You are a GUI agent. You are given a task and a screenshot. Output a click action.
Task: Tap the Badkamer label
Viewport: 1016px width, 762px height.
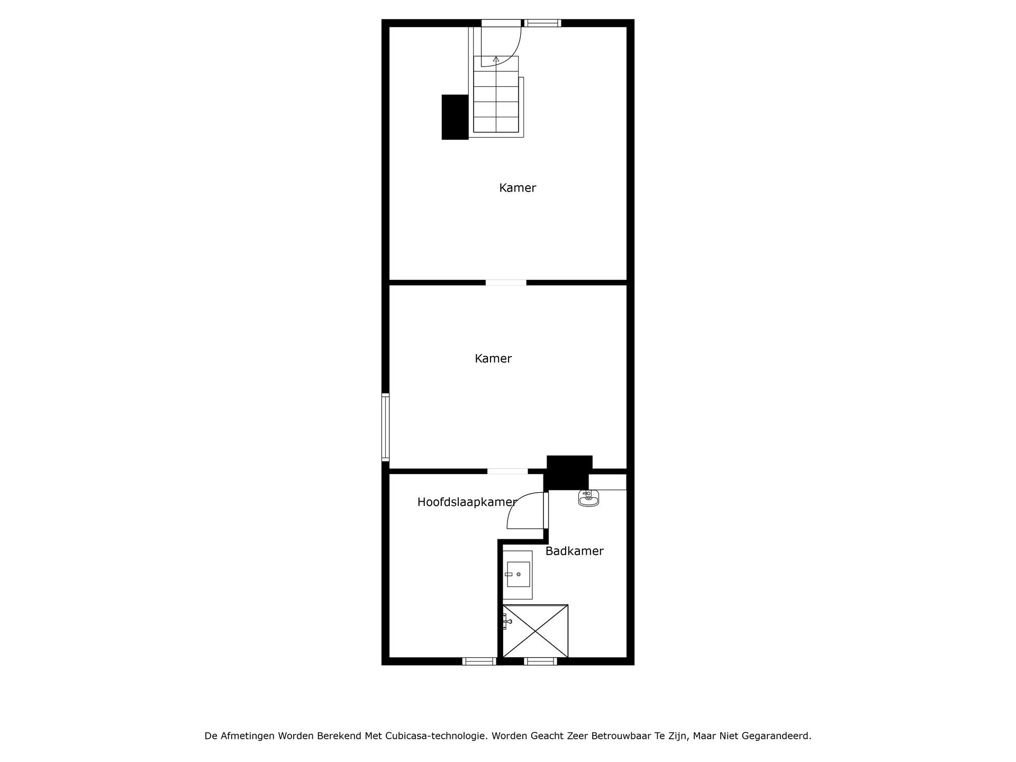574,551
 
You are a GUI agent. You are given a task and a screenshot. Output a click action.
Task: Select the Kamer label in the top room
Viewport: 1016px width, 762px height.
518,188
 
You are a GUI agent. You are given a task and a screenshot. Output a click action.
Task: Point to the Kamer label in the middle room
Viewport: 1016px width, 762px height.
493,359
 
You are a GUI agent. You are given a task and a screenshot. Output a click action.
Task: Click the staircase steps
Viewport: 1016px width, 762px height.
496,101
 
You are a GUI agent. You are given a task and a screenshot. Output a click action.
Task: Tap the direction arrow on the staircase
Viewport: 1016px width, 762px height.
496,60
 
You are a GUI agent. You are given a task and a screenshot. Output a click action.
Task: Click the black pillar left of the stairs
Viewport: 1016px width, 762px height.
455,117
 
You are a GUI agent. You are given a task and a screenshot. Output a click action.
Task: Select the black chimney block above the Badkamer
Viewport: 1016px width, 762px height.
569,472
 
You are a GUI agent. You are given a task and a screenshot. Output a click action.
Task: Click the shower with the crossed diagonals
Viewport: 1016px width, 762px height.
535,631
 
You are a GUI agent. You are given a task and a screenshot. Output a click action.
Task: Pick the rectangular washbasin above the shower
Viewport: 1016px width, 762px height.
518,575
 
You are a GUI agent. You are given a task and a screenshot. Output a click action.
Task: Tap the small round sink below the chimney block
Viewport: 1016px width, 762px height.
588,498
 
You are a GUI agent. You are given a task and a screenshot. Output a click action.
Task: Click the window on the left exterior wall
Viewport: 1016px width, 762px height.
386,427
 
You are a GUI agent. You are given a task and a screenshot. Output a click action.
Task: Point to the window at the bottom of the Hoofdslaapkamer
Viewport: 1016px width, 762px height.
479,661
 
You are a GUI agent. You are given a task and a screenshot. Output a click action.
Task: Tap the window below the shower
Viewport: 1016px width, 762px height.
540,661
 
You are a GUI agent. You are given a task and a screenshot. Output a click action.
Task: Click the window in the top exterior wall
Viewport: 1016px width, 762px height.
542,23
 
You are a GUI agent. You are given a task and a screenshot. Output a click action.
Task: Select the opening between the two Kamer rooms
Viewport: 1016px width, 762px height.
506,283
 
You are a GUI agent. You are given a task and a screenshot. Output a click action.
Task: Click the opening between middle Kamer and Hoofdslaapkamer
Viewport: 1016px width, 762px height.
507,471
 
